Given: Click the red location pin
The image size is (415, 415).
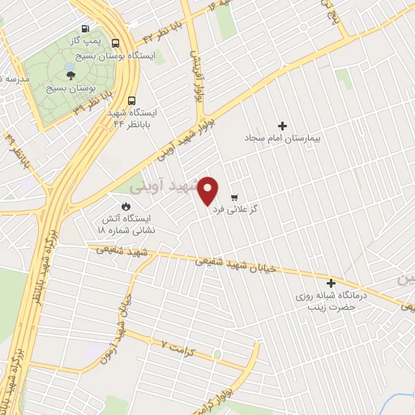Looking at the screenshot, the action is tap(208, 190).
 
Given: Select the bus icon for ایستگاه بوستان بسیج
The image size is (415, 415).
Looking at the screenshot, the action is tap(116, 44).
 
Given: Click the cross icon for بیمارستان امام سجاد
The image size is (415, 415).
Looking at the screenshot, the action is tap(282, 126).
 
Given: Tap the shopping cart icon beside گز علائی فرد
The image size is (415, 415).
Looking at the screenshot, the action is tap(234, 197).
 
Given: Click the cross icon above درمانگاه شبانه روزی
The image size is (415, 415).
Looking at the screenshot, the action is tap(331, 284).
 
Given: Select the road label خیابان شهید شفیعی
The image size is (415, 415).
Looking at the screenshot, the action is tap(239, 267).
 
